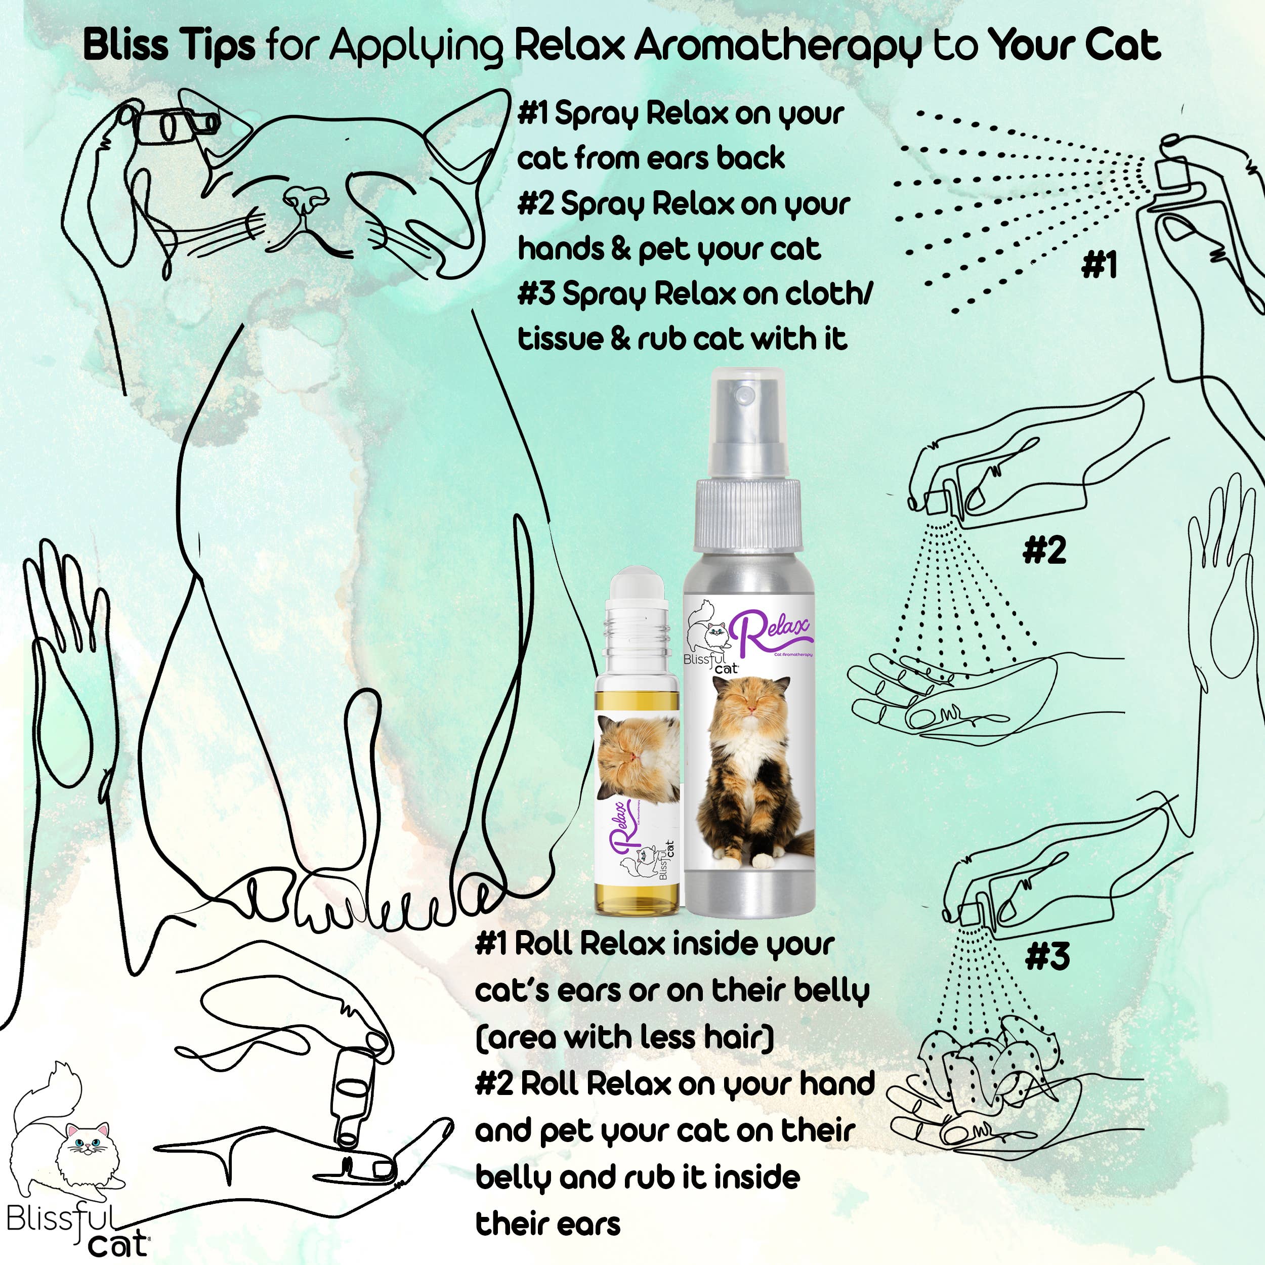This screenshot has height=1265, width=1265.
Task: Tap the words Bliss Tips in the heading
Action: coord(169,46)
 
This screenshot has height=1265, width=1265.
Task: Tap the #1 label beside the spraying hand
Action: coord(1099,266)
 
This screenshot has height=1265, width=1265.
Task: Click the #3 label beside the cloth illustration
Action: coord(1047,957)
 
